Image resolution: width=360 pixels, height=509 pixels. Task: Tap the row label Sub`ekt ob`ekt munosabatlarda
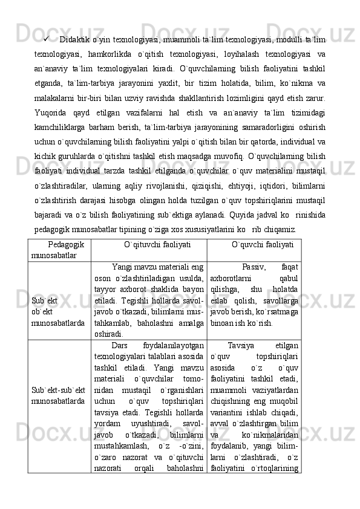(x=58, y=307)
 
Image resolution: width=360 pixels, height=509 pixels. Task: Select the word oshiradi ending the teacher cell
(x=109, y=333)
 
